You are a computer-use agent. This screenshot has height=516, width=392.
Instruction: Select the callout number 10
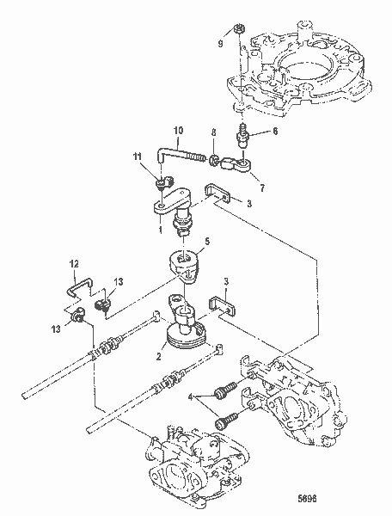178,132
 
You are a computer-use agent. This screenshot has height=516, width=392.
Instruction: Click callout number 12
74,263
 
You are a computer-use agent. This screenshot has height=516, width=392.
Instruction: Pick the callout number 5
206,243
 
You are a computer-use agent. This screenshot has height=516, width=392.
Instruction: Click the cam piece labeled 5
189,263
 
